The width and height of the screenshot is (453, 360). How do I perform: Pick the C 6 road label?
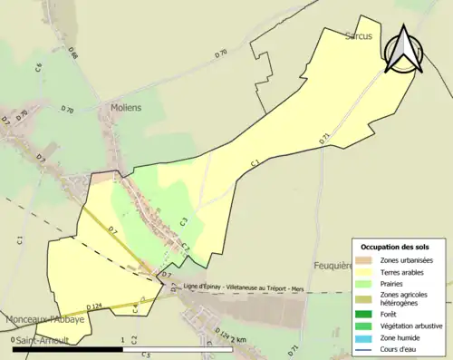point(39,67)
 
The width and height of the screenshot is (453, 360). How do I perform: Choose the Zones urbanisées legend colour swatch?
point(364,260)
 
